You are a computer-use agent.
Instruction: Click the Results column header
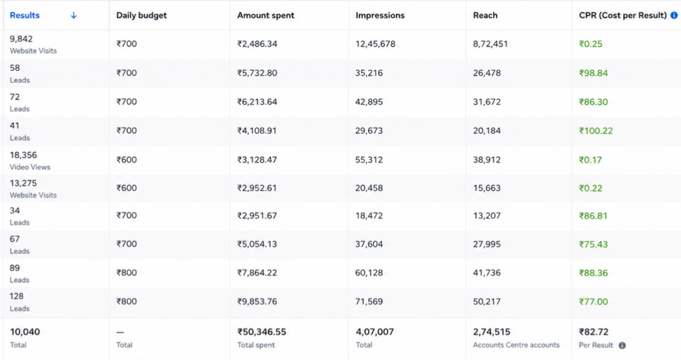25,15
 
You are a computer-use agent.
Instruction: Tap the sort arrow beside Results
73,15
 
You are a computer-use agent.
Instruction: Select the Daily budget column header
142,15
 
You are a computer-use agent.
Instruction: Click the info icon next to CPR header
674,15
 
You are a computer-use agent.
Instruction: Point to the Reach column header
485,15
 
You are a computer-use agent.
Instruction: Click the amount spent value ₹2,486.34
257,44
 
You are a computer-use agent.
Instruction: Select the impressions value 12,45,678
376,44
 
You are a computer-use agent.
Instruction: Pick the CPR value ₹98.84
593,73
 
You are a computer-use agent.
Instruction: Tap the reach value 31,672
487,102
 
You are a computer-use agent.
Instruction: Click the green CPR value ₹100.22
596,131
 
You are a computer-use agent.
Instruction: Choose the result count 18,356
23,155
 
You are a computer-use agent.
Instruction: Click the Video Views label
30,167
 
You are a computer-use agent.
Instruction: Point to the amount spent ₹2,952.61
257,188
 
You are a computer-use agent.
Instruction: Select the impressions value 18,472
369,216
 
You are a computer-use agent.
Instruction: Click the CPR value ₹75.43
593,244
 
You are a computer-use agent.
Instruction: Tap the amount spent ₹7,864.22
257,273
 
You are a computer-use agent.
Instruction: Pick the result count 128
17,296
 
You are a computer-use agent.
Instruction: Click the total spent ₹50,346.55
262,332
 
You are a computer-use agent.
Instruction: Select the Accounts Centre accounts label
516,345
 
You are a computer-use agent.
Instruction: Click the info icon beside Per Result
622,345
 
